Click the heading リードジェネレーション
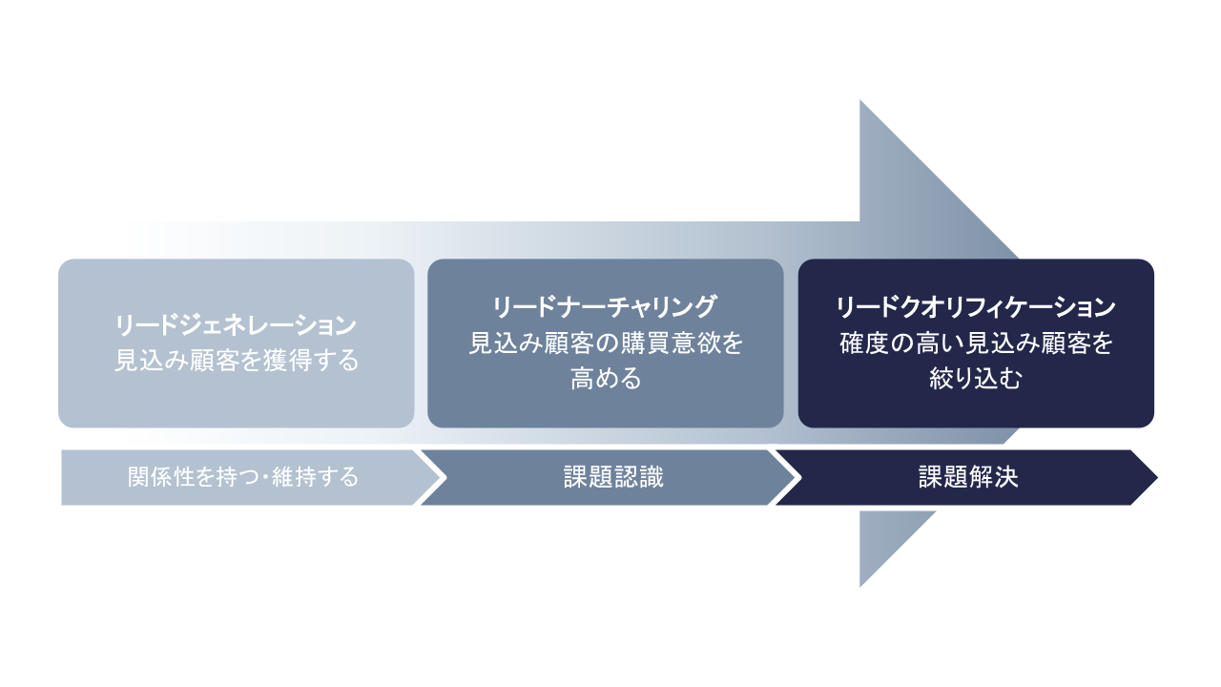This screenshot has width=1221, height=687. tap(236, 325)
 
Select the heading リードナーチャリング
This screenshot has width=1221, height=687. tap(604, 307)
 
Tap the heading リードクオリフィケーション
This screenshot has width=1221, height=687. tap(975, 307)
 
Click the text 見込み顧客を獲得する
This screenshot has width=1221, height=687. tap(236, 362)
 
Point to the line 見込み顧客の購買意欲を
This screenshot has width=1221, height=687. tap(605, 343)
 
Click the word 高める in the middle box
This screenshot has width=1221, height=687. tap(605, 379)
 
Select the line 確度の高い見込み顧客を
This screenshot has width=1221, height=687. tap(976, 343)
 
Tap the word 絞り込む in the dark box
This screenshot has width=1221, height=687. tap(976, 379)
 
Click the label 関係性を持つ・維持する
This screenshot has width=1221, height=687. tap(243, 477)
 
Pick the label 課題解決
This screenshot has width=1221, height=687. tap(968, 477)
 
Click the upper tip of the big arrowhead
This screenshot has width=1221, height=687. tap(860, 102)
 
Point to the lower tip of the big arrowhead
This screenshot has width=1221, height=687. tap(860, 584)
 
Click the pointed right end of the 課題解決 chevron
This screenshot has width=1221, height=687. tap(1155, 477)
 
